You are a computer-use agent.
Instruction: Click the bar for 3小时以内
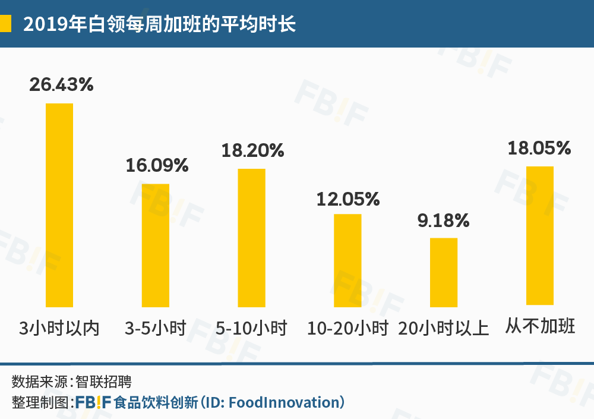coord(59,205)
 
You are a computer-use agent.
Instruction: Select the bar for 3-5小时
coord(155,245)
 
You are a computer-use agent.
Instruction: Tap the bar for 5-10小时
coord(251,238)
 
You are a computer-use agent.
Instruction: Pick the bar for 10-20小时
coord(347,260)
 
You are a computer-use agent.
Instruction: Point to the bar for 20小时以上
coord(444,272)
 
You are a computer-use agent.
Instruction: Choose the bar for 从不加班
coord(539,235)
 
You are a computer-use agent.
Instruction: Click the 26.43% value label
coord(62,85)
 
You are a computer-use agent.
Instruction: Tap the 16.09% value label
coord(157,165)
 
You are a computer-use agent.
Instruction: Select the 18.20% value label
coord(252,150)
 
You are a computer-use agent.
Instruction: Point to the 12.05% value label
coord(348,199)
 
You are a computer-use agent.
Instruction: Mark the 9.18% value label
coord(444,222)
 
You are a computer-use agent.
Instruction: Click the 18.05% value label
coord(539,148)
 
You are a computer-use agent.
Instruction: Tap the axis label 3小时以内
coord(59,327)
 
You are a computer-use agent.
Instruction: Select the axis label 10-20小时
coord(347,327)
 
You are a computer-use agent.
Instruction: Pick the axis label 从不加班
coord(541,326)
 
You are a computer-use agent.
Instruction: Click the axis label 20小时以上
coord(444,327)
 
